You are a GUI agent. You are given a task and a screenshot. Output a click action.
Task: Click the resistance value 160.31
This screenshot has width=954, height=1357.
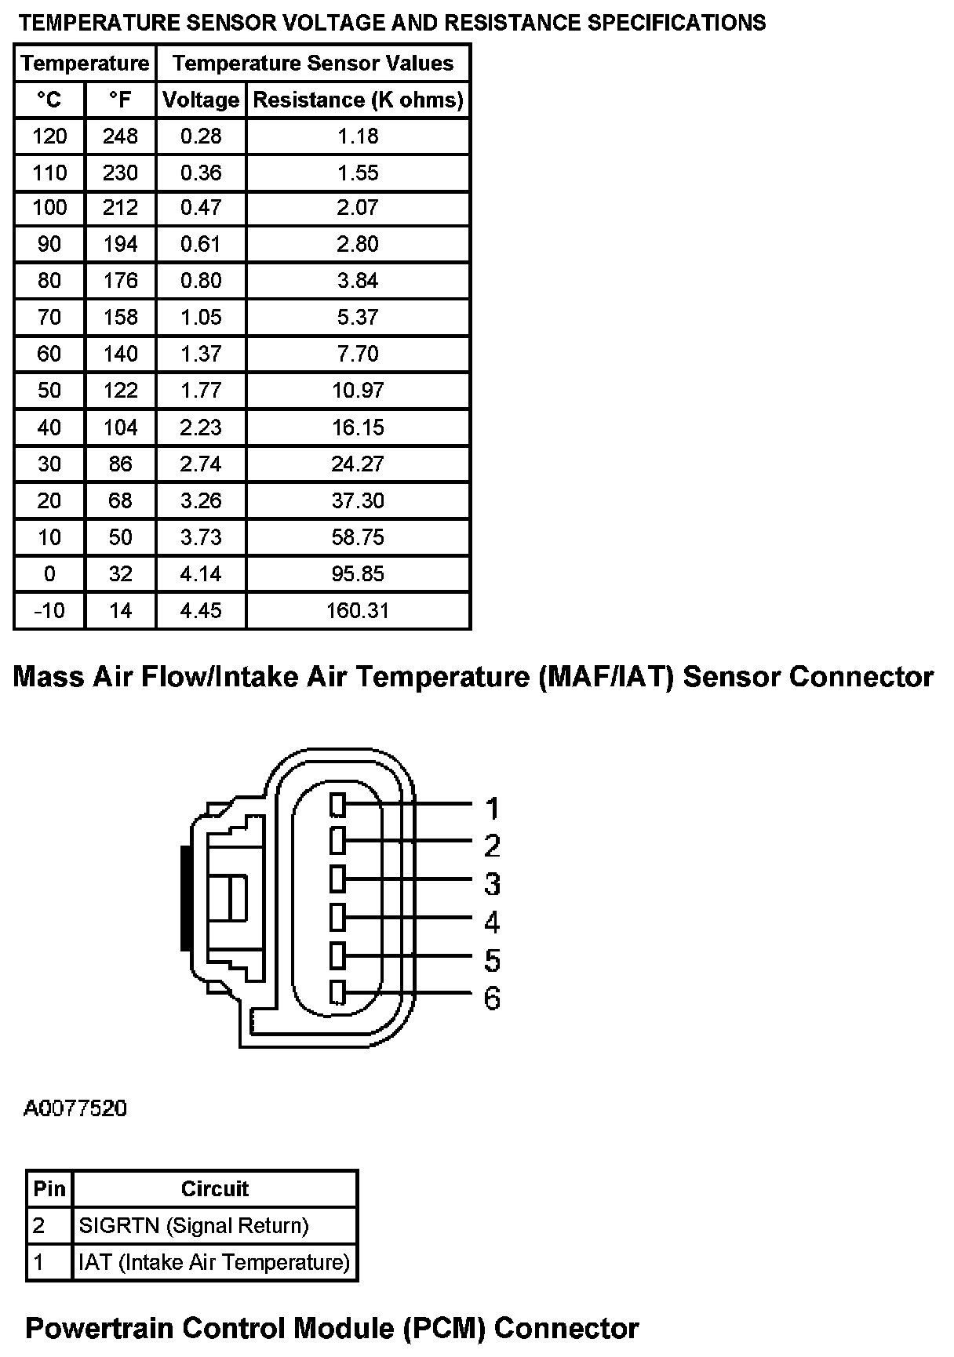[x=358, y=610]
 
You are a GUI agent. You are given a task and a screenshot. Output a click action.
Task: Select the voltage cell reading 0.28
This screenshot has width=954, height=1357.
[x=201, y=136]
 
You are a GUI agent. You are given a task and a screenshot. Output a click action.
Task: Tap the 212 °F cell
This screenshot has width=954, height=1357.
[x=120, y=208]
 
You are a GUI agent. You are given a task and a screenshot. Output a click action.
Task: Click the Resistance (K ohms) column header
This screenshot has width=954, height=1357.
[x=358, y=100]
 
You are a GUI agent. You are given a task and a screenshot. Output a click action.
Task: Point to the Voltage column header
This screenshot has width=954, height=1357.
[x=201, y=100]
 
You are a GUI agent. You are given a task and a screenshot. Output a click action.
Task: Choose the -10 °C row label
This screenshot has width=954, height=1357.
[x=49, y=610]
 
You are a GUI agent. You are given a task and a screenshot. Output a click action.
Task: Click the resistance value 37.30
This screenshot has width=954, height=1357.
[x=358, y=500]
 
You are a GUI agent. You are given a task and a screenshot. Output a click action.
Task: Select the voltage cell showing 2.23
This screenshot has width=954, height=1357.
[x=201, y=427]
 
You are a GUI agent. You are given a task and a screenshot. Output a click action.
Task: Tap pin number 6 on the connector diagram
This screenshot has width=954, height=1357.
[x=492, y=999]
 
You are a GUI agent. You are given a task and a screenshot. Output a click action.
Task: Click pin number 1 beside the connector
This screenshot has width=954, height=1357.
[x=492, y=808]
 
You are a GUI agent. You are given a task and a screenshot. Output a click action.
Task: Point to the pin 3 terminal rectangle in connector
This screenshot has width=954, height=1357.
[x=338, y=879]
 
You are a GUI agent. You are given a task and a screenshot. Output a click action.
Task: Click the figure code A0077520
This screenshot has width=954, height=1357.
[x=75, y=1109]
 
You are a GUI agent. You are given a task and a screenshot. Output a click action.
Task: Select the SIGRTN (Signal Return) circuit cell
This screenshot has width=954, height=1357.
[x=194, y=1225]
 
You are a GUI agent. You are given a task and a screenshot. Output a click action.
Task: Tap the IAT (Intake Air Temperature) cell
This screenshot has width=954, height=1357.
[x=214, y=1262]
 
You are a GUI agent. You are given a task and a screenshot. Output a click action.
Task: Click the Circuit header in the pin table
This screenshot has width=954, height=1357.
[x=214, y=1189]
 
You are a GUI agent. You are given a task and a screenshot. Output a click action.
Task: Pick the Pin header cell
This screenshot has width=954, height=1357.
[x=49, y=1189]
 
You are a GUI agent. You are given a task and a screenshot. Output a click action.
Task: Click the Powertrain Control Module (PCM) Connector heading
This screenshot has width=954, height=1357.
[x=332, y=1329]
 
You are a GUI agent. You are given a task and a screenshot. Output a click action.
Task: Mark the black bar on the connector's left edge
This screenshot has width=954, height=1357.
[x=185, y=897]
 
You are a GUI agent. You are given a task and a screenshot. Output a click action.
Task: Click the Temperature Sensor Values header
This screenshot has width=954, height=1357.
[x=313, y=64]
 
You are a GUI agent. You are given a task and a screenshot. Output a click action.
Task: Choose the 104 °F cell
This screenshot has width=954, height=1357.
[x=120, y=427]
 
